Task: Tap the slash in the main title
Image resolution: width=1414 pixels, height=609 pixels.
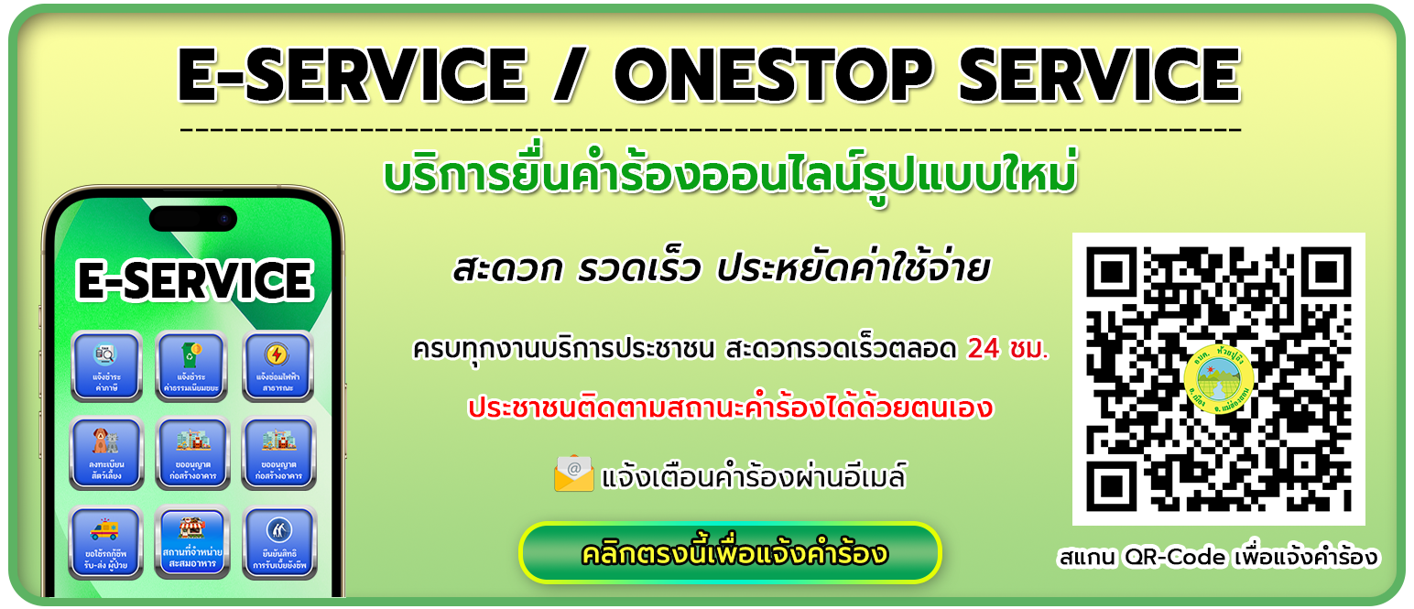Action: (x=564, y=75)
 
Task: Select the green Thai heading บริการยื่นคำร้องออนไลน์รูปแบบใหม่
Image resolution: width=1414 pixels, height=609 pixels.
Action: (x=729, y=177)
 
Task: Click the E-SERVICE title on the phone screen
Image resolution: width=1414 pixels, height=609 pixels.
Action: (x=194, y=280)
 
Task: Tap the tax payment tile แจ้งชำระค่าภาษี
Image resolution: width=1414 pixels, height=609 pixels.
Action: (x=105, y=367)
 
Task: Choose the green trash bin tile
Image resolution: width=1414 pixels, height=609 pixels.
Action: (x=190, y=367)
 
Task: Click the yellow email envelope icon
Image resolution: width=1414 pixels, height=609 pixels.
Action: (x=574, y=473)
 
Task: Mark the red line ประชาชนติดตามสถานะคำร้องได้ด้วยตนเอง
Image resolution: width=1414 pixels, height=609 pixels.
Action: (x=729, y=408)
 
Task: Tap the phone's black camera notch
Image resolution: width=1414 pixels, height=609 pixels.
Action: (x=193, y=219)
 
